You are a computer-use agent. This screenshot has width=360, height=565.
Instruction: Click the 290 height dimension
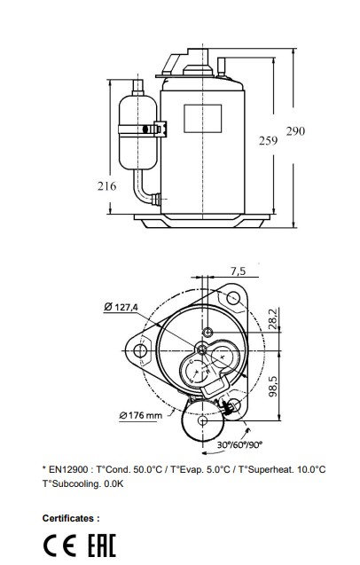point(295,131)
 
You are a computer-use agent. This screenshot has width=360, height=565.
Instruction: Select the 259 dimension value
point(268,140)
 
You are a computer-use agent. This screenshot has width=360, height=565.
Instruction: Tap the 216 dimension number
point(106,186)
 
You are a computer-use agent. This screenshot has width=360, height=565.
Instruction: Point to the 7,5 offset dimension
point(238,271)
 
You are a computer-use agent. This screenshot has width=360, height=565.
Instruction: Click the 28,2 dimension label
point(274,319)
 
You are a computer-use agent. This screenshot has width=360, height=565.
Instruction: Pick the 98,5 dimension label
point(274,387)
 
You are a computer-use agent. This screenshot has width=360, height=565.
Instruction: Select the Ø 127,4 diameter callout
point(121,307)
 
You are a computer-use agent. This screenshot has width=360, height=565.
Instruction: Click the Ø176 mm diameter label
point(140,415)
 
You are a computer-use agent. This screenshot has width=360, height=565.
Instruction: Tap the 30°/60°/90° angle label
point(239,444)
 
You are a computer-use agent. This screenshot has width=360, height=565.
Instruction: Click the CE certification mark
point(59,545)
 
